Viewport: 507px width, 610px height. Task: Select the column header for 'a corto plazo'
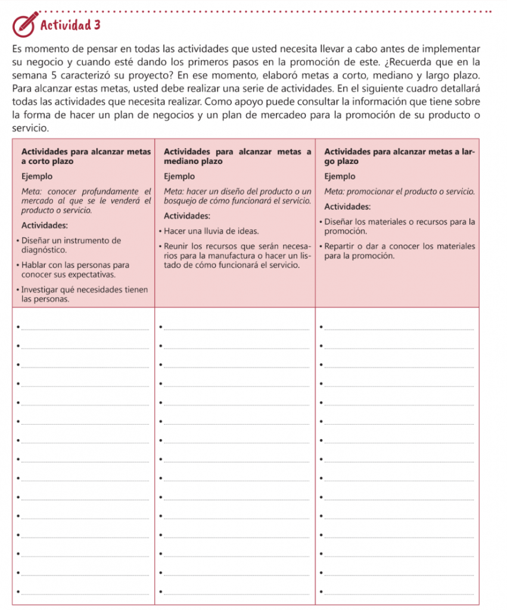point(85,156)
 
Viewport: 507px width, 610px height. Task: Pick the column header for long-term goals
point(399,156)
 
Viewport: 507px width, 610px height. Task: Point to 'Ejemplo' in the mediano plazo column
point(179,176)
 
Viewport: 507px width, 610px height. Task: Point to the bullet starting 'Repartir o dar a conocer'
point(398,250)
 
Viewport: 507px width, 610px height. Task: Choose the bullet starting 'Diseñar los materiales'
point(398,226)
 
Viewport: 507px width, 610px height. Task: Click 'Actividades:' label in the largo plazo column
point(348,207)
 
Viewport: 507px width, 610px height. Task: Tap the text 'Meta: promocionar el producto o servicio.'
point(399,192)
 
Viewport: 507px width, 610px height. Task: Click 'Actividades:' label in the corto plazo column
point(44,226)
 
